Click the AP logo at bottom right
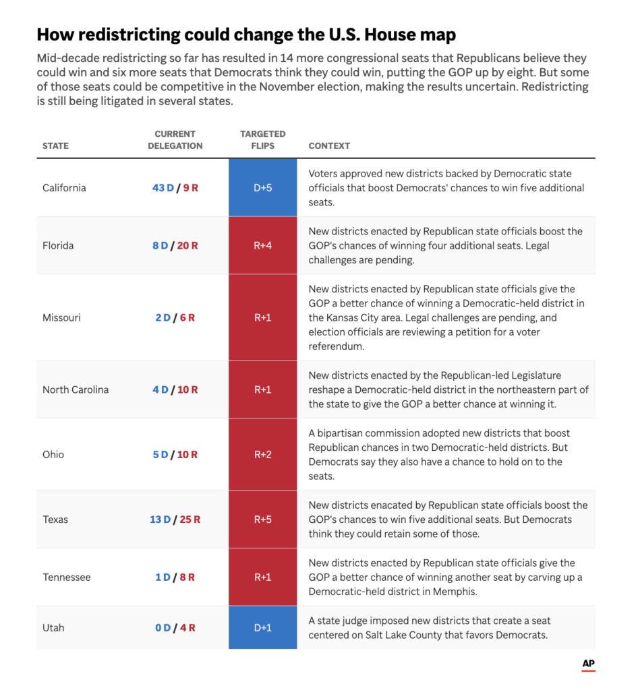pos(588,664)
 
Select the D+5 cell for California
pos(262,187)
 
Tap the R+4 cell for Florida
pos(262,245)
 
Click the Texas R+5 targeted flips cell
pos(262,520)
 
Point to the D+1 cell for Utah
pos(262,627)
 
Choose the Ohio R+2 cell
pos(262,455)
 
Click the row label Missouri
pos(61,318)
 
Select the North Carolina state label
pos(76,390)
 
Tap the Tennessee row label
pos(67,577)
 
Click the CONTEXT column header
pos(329,146)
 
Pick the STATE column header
pos(55,146)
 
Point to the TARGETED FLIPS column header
pos(262,140)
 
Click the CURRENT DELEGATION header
pos(175,140)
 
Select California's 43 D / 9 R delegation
pos(175,188)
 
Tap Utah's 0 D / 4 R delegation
pos(175,628)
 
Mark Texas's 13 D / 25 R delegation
pos(175,520)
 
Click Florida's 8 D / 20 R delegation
pos(175,245)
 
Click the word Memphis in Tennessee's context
pos(454,592)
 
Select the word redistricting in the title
pos(129,35)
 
